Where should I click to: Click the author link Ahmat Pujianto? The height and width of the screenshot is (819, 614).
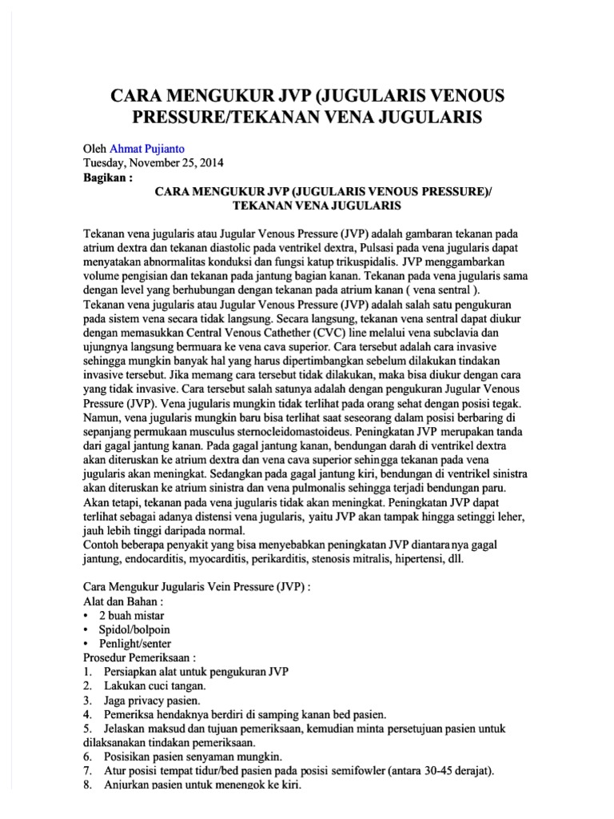pos(154,149)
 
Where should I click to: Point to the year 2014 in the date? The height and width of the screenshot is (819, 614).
pos(211,162)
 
